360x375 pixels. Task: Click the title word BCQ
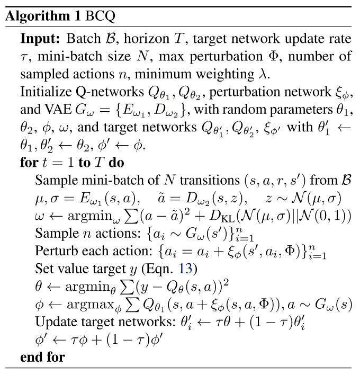pos(100,16)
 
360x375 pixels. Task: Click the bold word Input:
pos(40,39)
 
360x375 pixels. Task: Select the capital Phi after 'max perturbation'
pos(277,57)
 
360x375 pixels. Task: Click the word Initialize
pos(46,92)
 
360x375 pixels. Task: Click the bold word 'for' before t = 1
pos(29,163)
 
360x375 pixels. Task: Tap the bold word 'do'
pos(116,163)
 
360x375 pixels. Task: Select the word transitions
pos(210,180)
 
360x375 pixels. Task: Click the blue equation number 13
pos(185,269)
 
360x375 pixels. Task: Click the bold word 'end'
pos(31,358)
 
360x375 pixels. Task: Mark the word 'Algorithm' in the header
pos(38,16)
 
